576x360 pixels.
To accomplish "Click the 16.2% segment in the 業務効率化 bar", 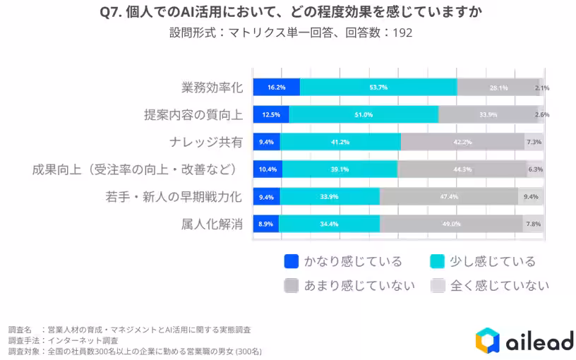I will (277, 88).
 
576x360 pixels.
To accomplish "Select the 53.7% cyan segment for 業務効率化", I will (378, 88).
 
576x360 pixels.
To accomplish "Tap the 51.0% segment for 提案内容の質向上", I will (364, 114).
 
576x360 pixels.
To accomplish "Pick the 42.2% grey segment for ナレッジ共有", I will (462, 142).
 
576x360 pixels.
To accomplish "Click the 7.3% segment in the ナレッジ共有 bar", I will (534, 142).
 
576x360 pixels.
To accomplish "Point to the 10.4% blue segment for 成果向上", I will (267, 169).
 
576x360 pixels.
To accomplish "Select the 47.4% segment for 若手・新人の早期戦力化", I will (449, 197).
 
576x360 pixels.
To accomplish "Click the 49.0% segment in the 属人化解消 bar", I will (451, 224).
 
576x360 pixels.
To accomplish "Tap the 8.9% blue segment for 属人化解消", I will (266, 224).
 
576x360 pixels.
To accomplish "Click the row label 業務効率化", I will (212, 88).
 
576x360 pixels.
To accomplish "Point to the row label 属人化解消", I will (212, 224).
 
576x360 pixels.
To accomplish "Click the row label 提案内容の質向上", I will (193, 114).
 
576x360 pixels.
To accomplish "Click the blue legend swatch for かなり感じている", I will (291, 261).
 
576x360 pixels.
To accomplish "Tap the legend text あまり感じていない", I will (359, 285).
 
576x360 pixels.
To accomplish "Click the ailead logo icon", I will (488, 341).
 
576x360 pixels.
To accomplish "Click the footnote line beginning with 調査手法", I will (63, 340).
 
